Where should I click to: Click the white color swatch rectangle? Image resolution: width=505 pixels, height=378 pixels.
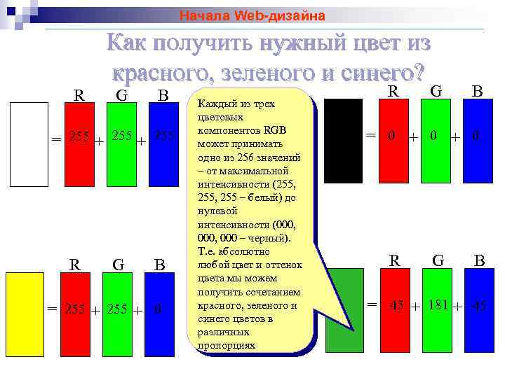coord(29,145)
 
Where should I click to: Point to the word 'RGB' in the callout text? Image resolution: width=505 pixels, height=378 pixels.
coord(275,130)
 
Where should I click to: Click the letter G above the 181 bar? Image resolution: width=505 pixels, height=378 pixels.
coord(438,261)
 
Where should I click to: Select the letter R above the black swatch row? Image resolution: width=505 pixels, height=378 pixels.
coord(394,91)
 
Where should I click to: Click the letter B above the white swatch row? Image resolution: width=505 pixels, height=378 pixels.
coord(163,94)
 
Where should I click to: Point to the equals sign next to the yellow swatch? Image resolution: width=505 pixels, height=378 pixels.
coord(52,308)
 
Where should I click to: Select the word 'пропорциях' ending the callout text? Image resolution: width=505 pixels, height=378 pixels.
coord(226,345)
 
